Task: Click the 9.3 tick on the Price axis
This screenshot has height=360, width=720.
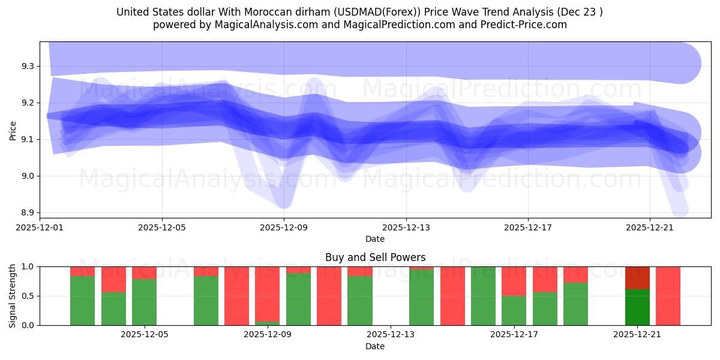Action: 28,66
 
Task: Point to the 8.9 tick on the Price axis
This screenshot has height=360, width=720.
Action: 28,213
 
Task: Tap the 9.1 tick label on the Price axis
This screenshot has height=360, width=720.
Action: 28,139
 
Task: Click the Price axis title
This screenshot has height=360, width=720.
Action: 13,130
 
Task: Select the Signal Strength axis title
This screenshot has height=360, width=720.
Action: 13,296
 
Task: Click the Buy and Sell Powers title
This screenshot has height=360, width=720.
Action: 375,257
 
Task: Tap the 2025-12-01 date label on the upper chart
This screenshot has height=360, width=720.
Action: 40,227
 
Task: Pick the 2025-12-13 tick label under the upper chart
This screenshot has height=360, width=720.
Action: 406,227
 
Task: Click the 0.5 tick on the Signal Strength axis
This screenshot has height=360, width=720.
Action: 28,296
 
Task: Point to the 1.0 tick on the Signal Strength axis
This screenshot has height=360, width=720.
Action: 28,266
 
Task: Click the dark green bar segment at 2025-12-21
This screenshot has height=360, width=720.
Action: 637,307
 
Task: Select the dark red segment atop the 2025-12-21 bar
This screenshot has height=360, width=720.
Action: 637,278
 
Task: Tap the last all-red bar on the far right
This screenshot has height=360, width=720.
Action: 668,296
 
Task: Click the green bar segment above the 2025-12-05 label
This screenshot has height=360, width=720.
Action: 144,302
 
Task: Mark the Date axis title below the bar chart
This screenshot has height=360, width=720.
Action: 375,346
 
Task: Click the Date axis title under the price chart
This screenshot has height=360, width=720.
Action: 375,239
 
